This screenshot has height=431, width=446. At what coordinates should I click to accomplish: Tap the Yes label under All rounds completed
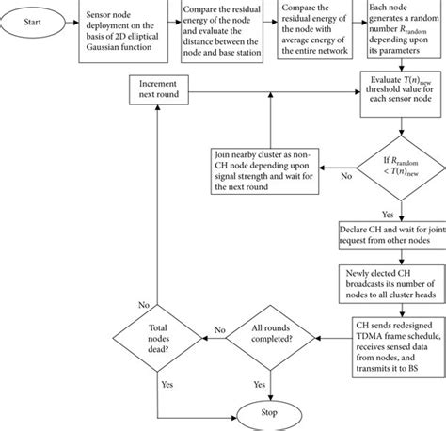[x=260, y=384]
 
